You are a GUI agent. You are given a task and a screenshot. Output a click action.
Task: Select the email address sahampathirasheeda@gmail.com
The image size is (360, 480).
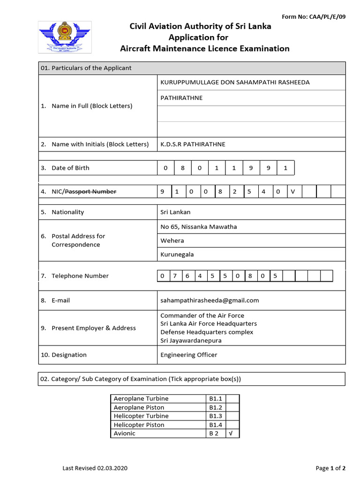[x=210, y=300]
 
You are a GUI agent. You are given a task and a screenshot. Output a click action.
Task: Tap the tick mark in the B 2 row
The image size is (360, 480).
[x=231, y=434]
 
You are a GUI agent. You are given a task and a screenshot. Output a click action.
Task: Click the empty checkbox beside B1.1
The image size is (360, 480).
[x=233, y=399]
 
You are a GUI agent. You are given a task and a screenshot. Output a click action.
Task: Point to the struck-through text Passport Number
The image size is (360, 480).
[x=90, y=192]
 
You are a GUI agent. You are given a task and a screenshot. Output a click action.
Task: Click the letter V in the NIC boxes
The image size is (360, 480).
[x=293, y=192]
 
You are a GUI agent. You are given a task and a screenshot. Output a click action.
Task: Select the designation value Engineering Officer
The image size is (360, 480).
[x=189, y=355]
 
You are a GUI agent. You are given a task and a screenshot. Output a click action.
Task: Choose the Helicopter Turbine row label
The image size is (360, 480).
[x=141, y=416]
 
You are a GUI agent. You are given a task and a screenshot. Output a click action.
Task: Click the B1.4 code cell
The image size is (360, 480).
[x=216, y=425]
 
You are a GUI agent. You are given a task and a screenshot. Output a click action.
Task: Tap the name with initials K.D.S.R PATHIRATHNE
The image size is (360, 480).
[x=193, y=144]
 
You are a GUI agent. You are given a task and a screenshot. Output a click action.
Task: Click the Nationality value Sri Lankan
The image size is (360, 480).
[x=175, y=212]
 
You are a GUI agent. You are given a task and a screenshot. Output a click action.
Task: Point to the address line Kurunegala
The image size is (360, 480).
[x=177, y=255]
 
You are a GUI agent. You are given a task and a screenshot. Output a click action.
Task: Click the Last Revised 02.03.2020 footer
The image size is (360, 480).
[x=95, y=468]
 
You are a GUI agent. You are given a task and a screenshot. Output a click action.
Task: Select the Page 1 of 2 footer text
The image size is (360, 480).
[x=330, y=468]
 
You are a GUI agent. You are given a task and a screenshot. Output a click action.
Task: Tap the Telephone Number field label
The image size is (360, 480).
[x=80, y=276]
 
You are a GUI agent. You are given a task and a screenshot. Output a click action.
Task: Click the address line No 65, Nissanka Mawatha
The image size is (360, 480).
[x=199, y=227]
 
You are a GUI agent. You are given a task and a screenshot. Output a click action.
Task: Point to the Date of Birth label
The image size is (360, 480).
[x=70, y=168]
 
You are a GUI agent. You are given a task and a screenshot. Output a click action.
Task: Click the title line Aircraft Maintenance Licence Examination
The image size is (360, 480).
[x=205, y=49]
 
